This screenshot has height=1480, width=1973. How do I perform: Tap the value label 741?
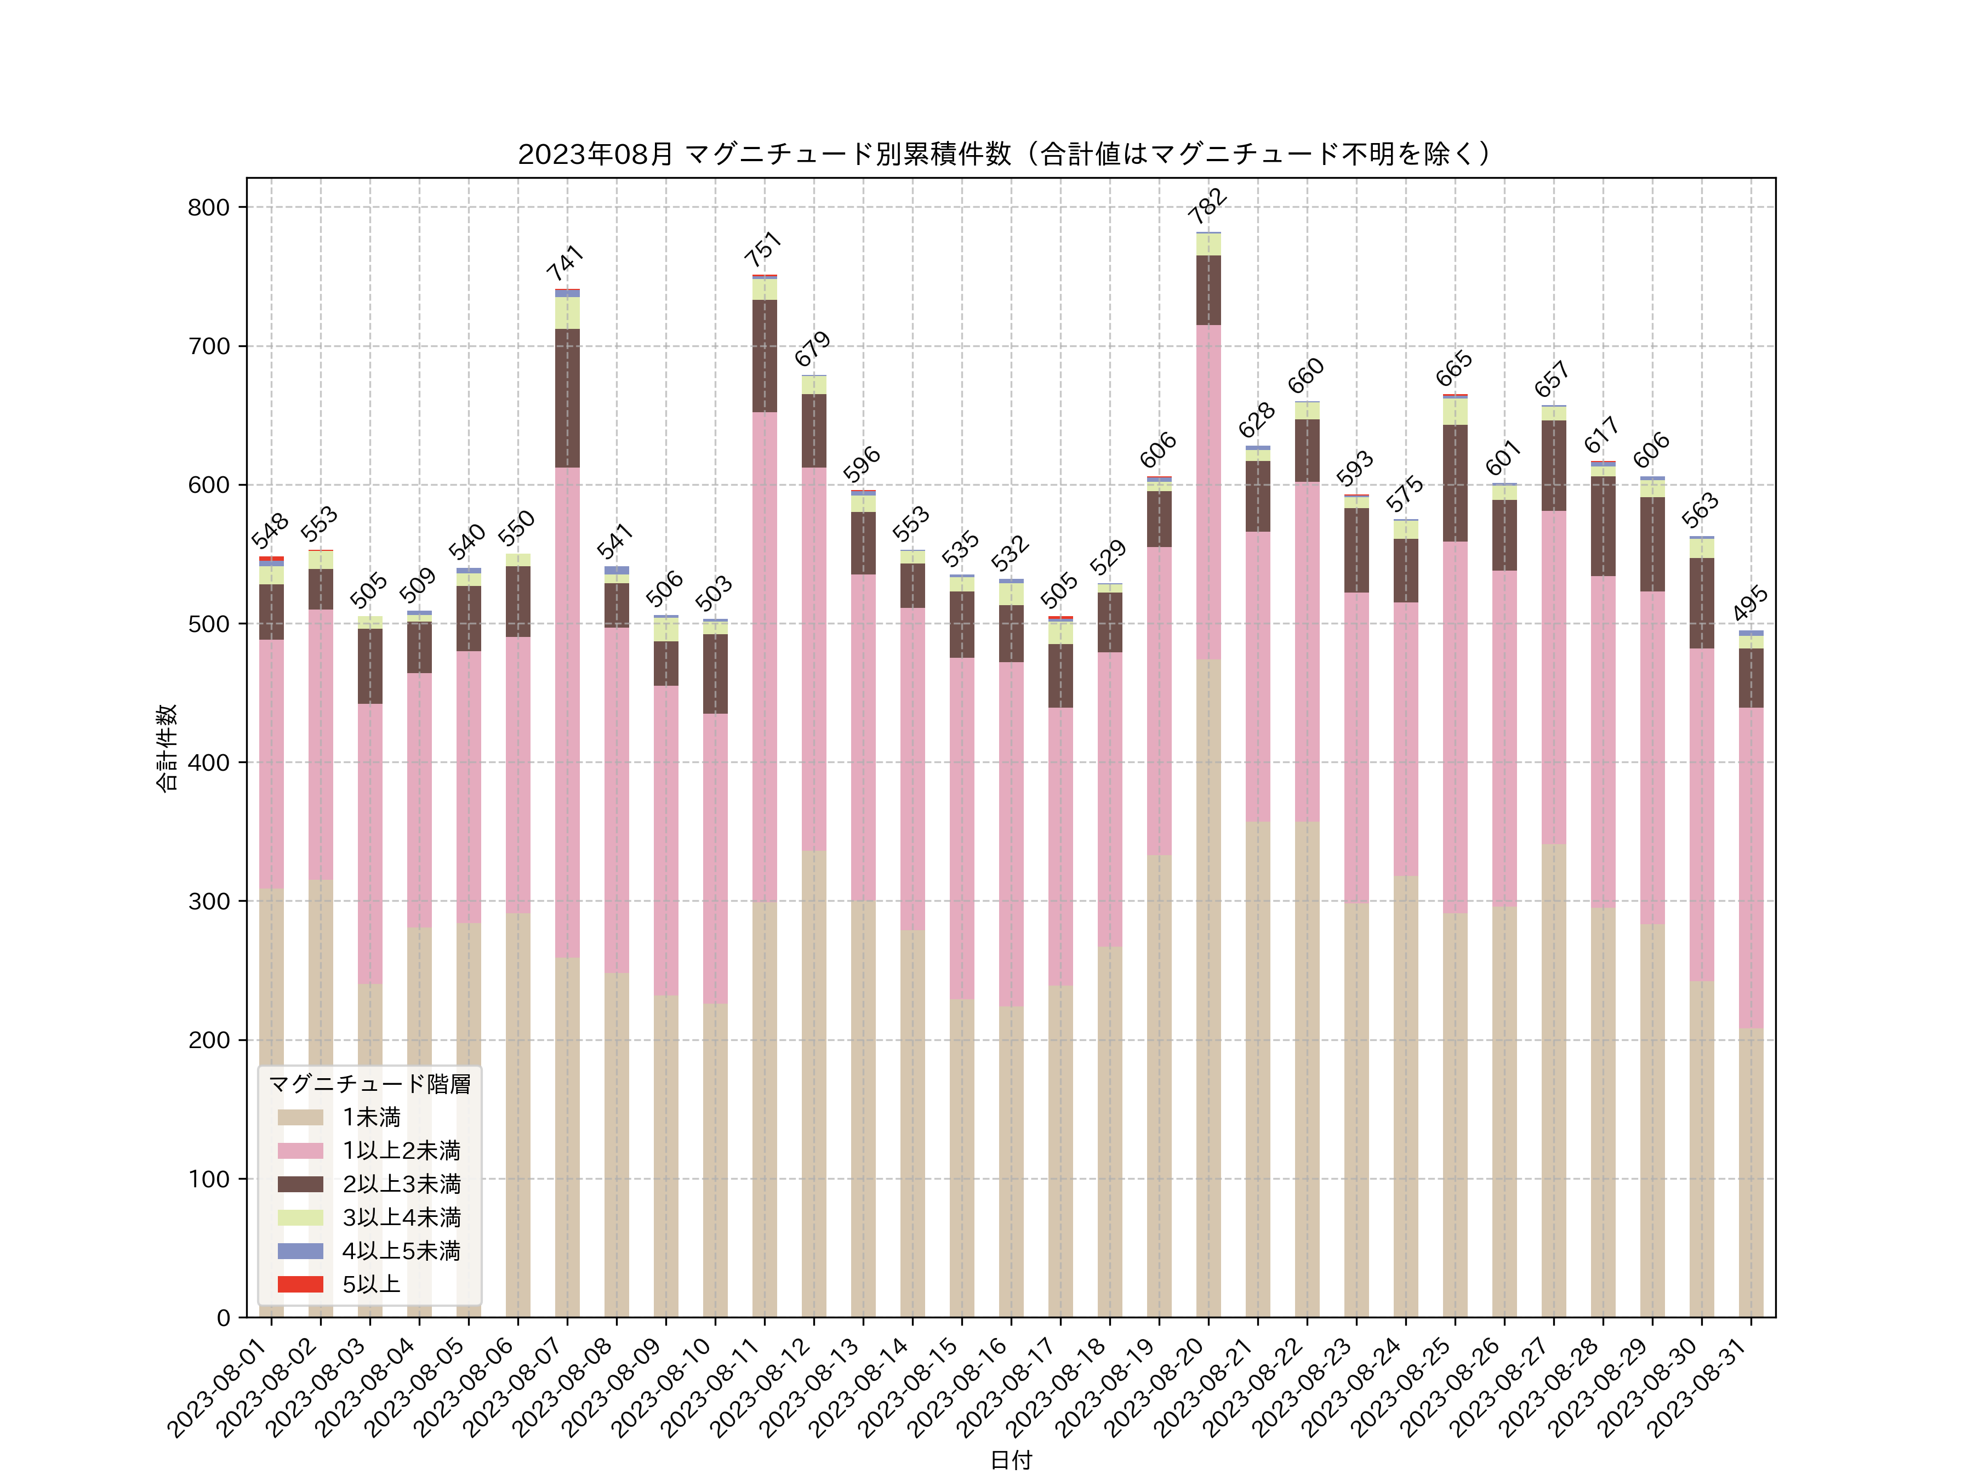(x=566, y=263)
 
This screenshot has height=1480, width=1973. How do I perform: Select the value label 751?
(x=763, y=250)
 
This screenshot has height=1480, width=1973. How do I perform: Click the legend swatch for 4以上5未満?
(x=300, y=1251)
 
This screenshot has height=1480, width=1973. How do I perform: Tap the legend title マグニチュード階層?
(x=369, y=1084)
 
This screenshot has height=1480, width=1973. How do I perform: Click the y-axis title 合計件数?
(x=167, y=748)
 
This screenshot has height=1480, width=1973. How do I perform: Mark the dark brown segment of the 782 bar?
(x=1208, y=290)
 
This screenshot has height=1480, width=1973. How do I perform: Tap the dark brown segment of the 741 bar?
(x=567, y=398)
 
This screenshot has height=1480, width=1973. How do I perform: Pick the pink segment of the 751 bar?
(x=765, y=657)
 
